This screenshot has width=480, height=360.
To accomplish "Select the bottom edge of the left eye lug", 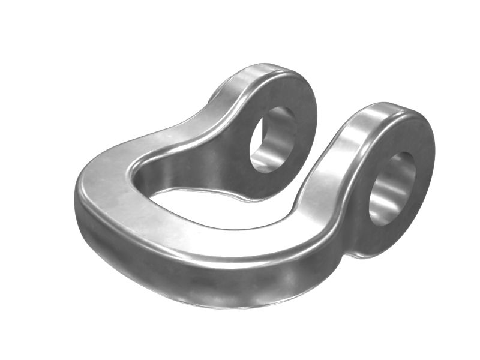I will [264, 195].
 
